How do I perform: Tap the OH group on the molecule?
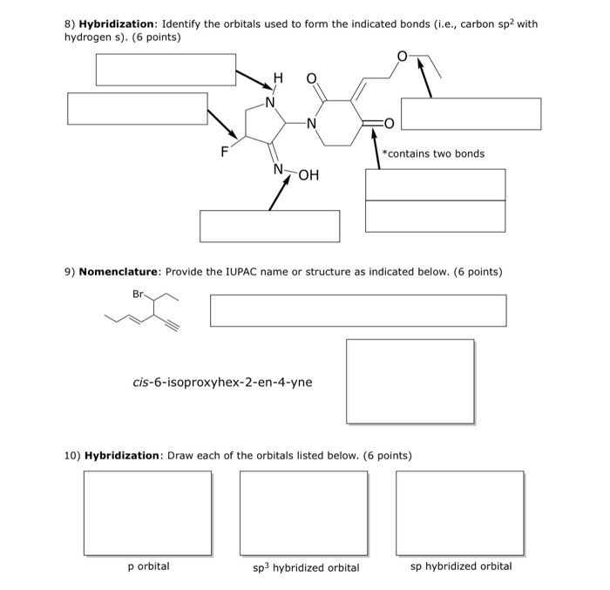pos(308,175)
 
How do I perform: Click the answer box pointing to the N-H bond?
pos(166,70)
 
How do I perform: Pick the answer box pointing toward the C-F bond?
pos(138,108)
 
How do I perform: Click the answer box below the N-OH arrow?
pos(269,226)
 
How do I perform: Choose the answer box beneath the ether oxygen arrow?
pos(471,114)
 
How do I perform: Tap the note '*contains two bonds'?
pos(434,153)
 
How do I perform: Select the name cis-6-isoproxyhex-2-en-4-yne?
pos(221,382)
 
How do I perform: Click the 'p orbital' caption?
pos(148,566)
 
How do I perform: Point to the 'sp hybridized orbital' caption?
pos(461,566)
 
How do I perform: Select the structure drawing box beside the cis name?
pos(410,381)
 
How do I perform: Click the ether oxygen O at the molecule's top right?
pos(401,57)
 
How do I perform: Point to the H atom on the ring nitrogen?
pos(278,79)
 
